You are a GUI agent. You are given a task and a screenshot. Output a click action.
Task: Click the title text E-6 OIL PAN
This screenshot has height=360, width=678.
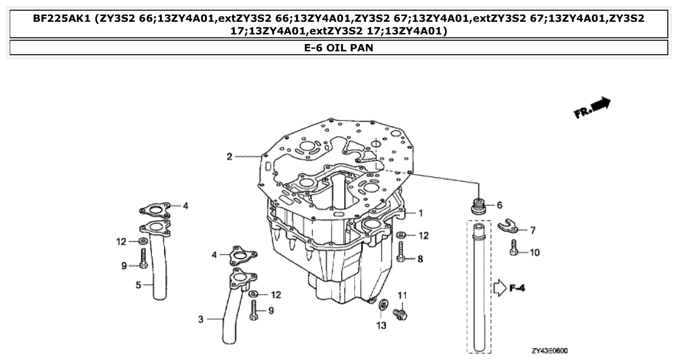[x=339, y=48]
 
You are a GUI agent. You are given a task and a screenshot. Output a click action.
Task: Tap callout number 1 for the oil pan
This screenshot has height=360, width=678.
[x=421, y=213]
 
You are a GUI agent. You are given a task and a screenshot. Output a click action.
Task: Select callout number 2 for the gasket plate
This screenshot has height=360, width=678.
[x=229, y=156]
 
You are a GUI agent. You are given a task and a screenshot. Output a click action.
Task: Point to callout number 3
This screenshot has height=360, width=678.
[x=200, y=319]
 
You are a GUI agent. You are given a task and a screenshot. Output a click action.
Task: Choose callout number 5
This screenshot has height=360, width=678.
[x=138, y=285]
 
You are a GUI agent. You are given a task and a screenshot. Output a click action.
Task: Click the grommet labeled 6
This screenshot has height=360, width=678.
[x=479, y=205]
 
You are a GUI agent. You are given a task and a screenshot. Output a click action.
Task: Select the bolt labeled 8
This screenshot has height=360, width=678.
[x=401, y=252]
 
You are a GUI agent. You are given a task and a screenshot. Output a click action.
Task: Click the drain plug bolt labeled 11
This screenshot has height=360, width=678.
[x=401, y=314]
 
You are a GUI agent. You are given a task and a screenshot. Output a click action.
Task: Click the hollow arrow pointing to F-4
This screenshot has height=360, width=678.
[x=499, y=288]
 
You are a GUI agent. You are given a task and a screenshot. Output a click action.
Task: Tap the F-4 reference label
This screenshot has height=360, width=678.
[x=517, y=288]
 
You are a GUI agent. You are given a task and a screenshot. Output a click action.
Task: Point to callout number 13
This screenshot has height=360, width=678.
[x=381, y=326]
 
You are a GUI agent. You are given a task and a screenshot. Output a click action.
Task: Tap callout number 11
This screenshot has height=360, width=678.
[x=402, y=295]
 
